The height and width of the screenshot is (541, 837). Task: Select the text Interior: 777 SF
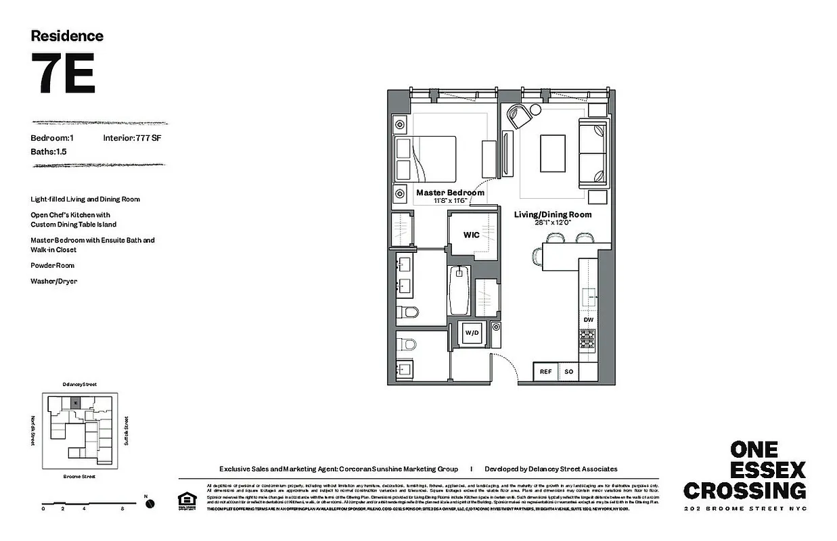(x=132, y=138)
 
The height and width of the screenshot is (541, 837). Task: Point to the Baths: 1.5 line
(x=49, y=152)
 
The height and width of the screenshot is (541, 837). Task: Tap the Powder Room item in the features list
(x=52, y=266)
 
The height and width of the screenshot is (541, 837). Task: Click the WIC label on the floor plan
(x=472, y=235)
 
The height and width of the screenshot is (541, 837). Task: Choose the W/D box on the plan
(x=471, y=333)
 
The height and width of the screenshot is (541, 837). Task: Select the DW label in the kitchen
(x=588, y=320)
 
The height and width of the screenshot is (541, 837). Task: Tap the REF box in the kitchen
(x=545, y=371)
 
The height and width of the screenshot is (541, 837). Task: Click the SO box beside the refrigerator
(x=568, y=371)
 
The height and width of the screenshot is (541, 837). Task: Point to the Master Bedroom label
(x=450, y=193)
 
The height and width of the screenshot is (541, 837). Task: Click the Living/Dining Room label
(x=552, y=215)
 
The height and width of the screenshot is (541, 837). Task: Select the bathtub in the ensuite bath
(x=459, y=290)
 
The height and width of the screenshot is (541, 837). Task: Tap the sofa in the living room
(x=593, y=152)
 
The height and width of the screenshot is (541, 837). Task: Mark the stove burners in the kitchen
(x=587, y=339)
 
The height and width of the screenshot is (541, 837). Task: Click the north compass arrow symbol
(x=150, y=503)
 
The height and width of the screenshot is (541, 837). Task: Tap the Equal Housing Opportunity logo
(x=184, y=500)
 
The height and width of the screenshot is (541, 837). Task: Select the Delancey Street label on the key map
(x=79, y=384)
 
